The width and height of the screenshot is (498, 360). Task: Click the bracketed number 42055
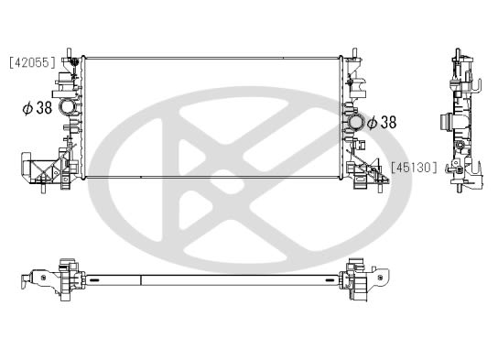point(32,62)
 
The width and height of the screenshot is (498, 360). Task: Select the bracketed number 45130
point(414,168)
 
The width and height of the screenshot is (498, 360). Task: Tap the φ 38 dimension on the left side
point(38,108)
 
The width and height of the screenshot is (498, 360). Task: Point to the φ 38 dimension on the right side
point(382,123)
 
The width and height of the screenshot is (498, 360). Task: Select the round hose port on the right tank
point(357,122)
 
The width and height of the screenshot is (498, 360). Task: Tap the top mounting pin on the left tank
point(70,53)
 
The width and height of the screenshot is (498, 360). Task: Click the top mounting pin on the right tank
point(354,53)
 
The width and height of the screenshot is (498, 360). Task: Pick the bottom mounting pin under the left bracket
point(42,188)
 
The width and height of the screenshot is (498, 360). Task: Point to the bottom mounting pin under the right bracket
point(380,188)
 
